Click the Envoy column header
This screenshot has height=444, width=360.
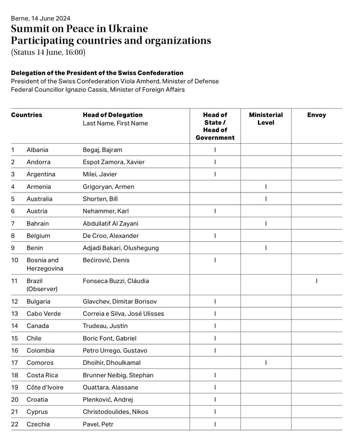(316, 115)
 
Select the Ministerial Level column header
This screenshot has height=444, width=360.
(266, 119)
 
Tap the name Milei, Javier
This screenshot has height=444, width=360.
(100, 174)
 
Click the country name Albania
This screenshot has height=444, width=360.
(37, 150)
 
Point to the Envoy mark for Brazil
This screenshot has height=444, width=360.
(317, 281)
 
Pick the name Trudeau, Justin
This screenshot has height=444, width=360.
(105, 326)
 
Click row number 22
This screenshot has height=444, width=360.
(15, 424)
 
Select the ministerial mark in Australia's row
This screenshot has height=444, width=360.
(266, 199)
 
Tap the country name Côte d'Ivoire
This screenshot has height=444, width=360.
(45, 387)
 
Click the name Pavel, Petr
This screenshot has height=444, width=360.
(98, 424)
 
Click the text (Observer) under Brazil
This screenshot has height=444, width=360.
(42, 289)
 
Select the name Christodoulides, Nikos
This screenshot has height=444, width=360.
(115, 412)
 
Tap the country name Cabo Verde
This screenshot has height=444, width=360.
(44, 314)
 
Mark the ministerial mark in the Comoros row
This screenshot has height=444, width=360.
(266, 362)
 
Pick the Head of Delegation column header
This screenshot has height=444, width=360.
(113, 115)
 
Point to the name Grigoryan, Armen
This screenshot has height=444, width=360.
(108, 187)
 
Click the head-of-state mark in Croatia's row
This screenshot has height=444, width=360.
(215, 400)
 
